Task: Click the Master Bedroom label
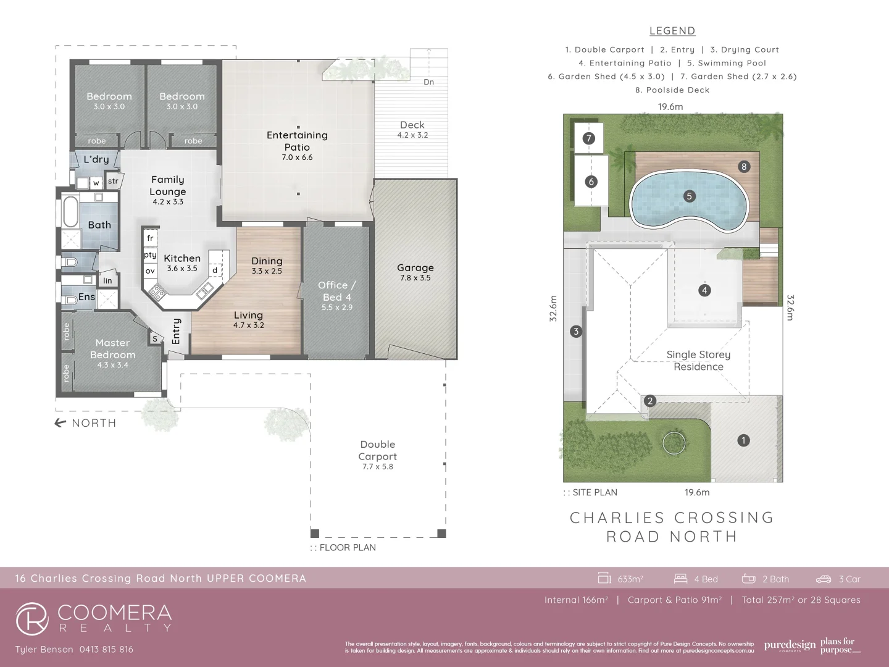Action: (112, 349)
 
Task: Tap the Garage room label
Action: (415, 268)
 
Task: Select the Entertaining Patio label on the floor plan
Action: (297, 141)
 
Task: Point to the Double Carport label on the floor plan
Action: (377, 451)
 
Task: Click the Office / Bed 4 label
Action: (336, 291)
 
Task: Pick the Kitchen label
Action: (182, 258)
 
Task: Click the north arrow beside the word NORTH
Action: (61, 423)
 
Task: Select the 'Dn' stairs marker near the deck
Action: (428, 82)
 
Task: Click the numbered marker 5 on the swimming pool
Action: (690, 196)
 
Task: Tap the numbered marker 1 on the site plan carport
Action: (743, 440)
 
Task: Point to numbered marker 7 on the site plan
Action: (588, 138)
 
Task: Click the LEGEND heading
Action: (672, 31)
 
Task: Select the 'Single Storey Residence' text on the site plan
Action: (698, 361)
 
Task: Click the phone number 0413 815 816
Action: (106, 649)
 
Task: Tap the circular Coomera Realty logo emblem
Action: (32, 619)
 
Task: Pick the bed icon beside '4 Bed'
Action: (680, 579)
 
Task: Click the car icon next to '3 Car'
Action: (824, 579)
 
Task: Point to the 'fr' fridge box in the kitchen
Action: (150, 238)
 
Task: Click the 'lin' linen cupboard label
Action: (108, 281)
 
